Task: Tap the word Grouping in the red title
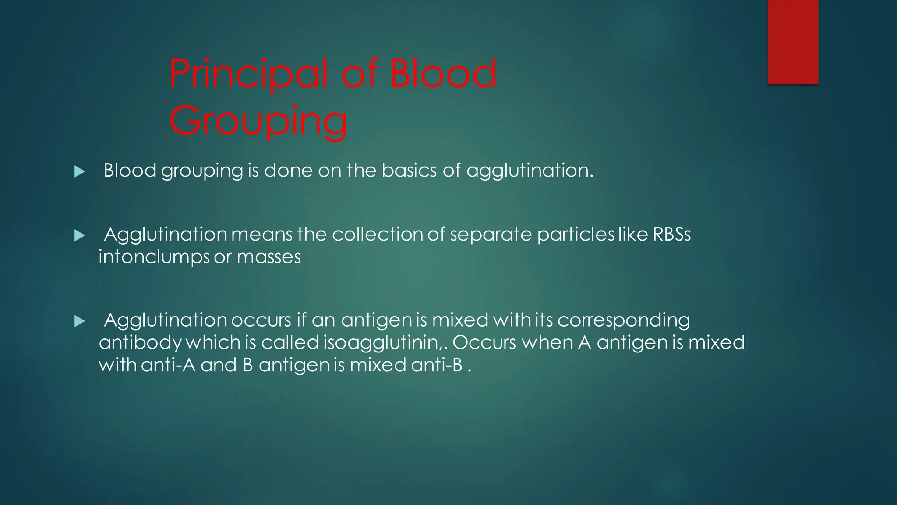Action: pos(258,121)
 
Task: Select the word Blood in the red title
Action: pos(443,74)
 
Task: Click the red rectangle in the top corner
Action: pos(793,42)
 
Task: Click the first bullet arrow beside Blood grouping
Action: pos(79,171)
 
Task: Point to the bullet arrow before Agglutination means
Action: pos(79,236)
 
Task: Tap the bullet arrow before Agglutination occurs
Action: pos(79,321)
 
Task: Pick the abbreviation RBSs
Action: pos(671,235)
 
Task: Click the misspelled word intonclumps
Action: pos(154,257)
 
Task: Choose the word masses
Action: pos(268,257)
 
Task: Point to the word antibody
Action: pos(140,343)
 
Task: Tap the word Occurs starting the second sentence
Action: pos(484,343)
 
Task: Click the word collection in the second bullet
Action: pos(377,235)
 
